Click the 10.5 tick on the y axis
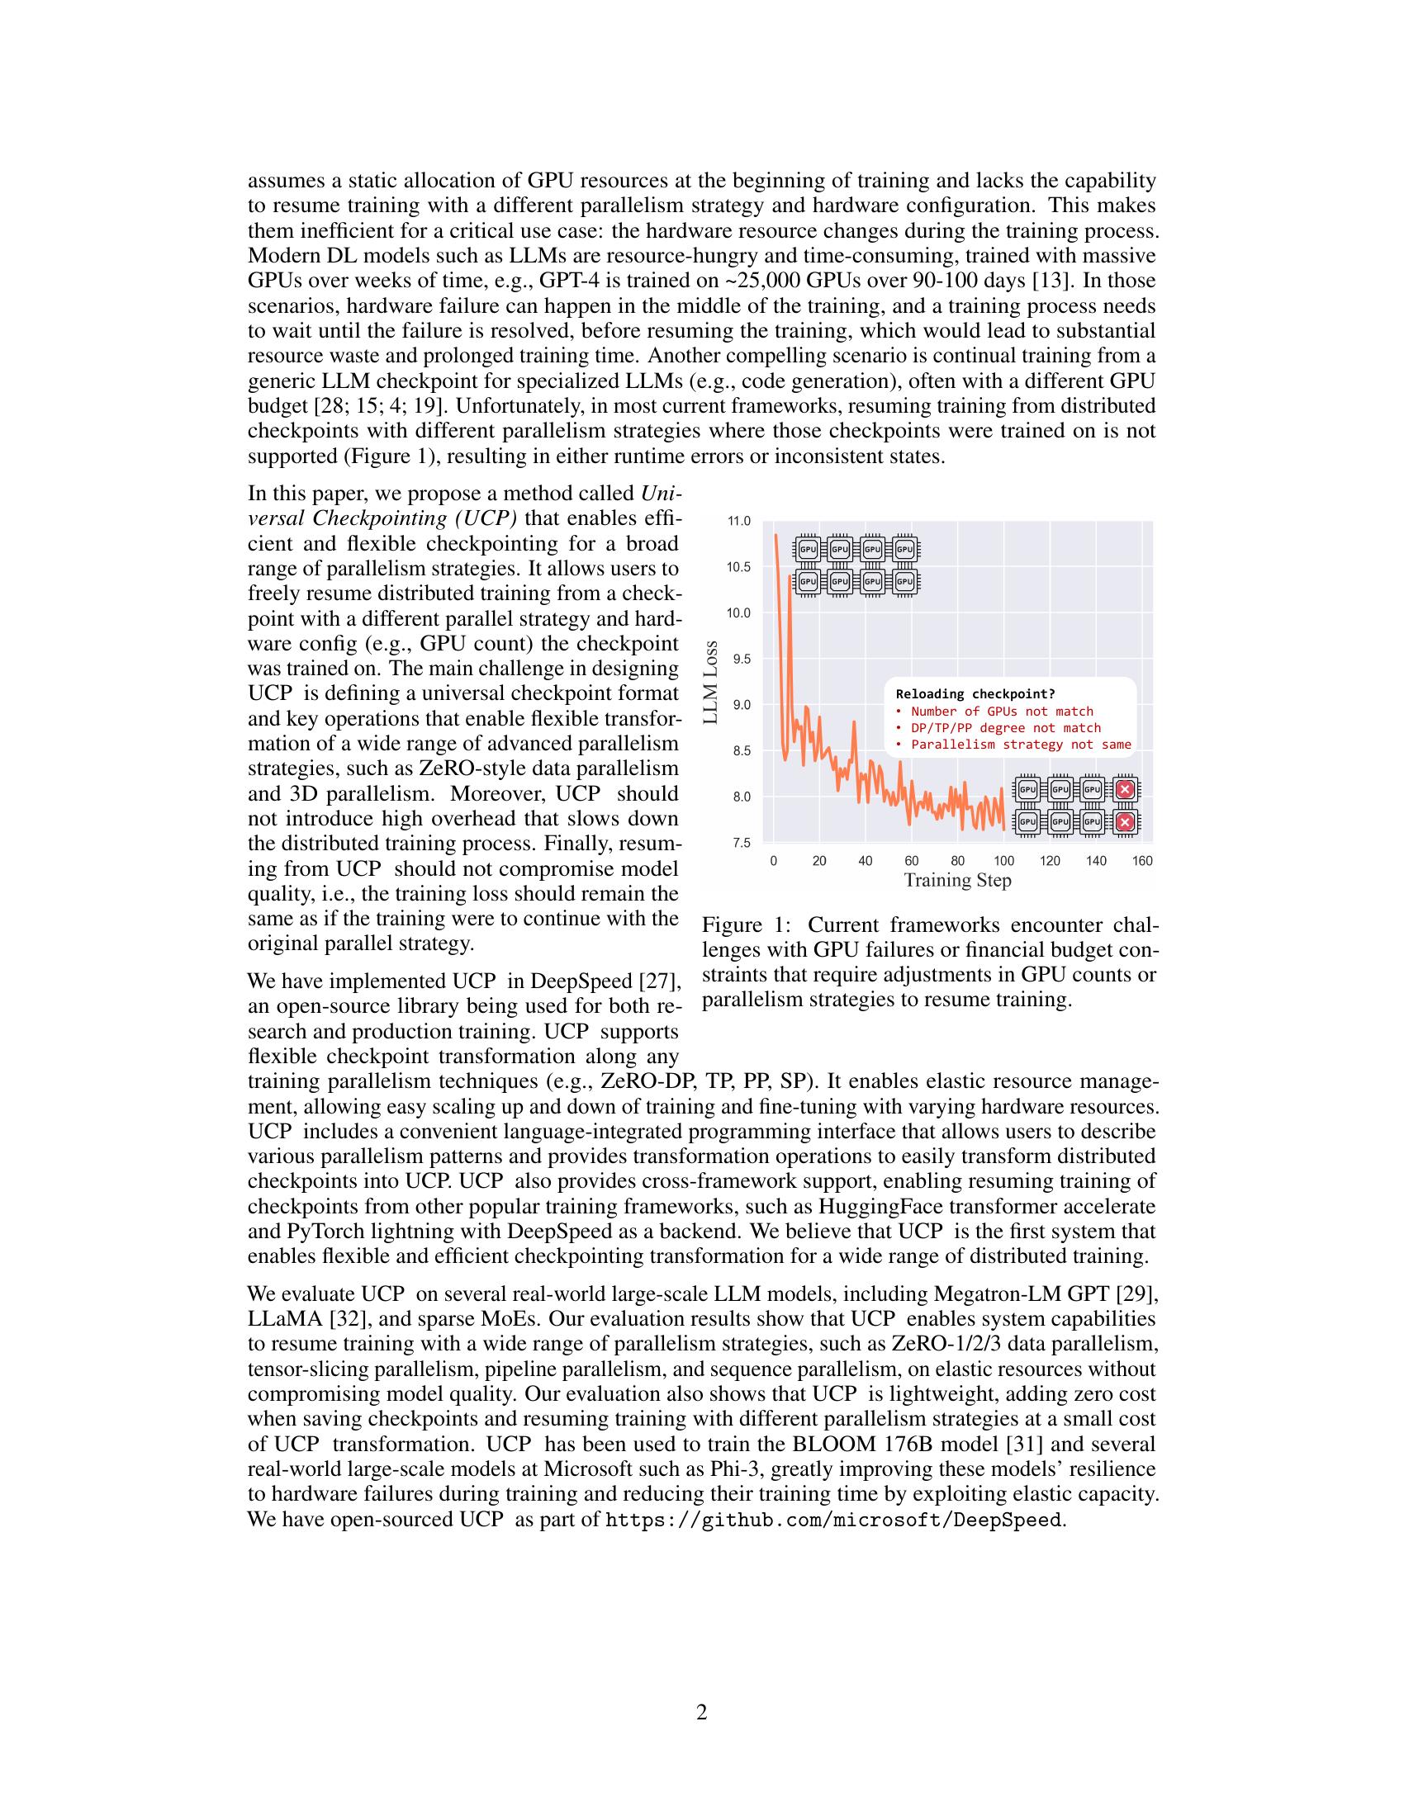click(x=738, y=567)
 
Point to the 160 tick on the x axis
click(x=1142, y=861)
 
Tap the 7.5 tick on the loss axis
click(x=740, y=842)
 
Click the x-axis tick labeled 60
click(x=912, y=861)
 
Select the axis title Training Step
click(x=957, y=880)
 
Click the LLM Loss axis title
click(x=710, y=683)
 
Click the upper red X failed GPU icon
click(x=1125, y=789)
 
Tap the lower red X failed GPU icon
click(x=1125, y=822)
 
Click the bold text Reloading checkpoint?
click(x=975, y=694)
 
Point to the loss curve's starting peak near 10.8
click(x=776, y=537)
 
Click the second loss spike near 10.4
click(x=790, y=576)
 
